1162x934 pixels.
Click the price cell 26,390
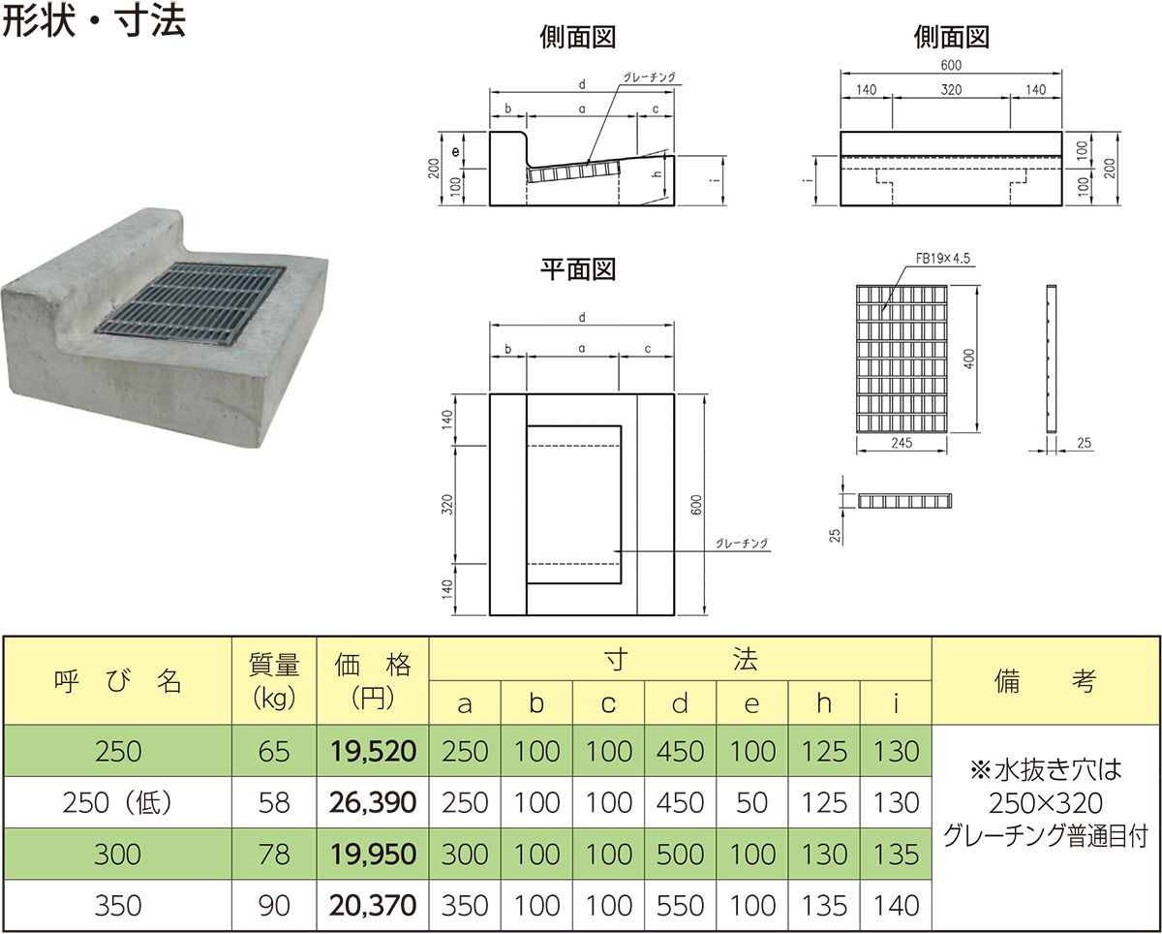(x=372, y=802)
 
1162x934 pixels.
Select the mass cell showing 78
(x=274, y=854)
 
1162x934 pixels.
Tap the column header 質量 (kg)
(x=274, y=680)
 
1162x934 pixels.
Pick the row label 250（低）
(x=118, y=802)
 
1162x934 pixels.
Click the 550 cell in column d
(x=680, y=906)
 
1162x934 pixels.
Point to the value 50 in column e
(x=751, y=802)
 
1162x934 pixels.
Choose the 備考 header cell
(x=1045, y=680)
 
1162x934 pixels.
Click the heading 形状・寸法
(x=94, y=23)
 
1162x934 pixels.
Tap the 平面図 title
(x=578, y=269)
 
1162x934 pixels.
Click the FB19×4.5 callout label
(x=942, y=259)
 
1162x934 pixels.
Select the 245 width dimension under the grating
(x=902, y=444)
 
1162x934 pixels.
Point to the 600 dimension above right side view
(x=950, y=64)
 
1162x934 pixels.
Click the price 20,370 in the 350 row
(x=372, y=906)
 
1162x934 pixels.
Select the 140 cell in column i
(x=896, y=906)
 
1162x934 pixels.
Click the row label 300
(x=118, y=854)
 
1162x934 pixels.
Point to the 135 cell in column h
(x=824, y=906)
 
